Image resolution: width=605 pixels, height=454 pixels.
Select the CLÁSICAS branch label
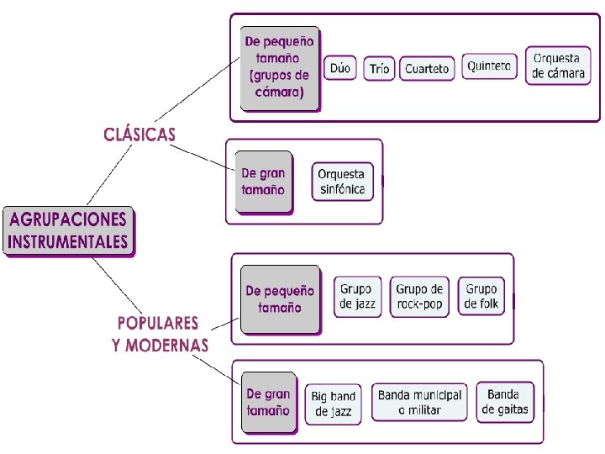139,134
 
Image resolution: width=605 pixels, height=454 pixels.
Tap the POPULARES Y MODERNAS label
160,334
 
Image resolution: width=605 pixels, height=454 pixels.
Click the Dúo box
340,68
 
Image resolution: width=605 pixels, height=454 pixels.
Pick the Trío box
379,68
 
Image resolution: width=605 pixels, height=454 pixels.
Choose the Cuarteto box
427,68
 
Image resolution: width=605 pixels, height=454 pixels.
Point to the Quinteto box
489,66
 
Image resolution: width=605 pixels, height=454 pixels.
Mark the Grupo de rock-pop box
419,296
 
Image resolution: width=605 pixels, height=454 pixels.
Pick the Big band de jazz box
333,404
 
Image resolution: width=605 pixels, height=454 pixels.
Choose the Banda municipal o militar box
419,402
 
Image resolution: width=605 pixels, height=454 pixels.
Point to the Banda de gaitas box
503,402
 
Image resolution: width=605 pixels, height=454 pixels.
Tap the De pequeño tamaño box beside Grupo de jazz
280,299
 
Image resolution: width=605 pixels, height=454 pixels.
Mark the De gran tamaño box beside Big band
268,402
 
